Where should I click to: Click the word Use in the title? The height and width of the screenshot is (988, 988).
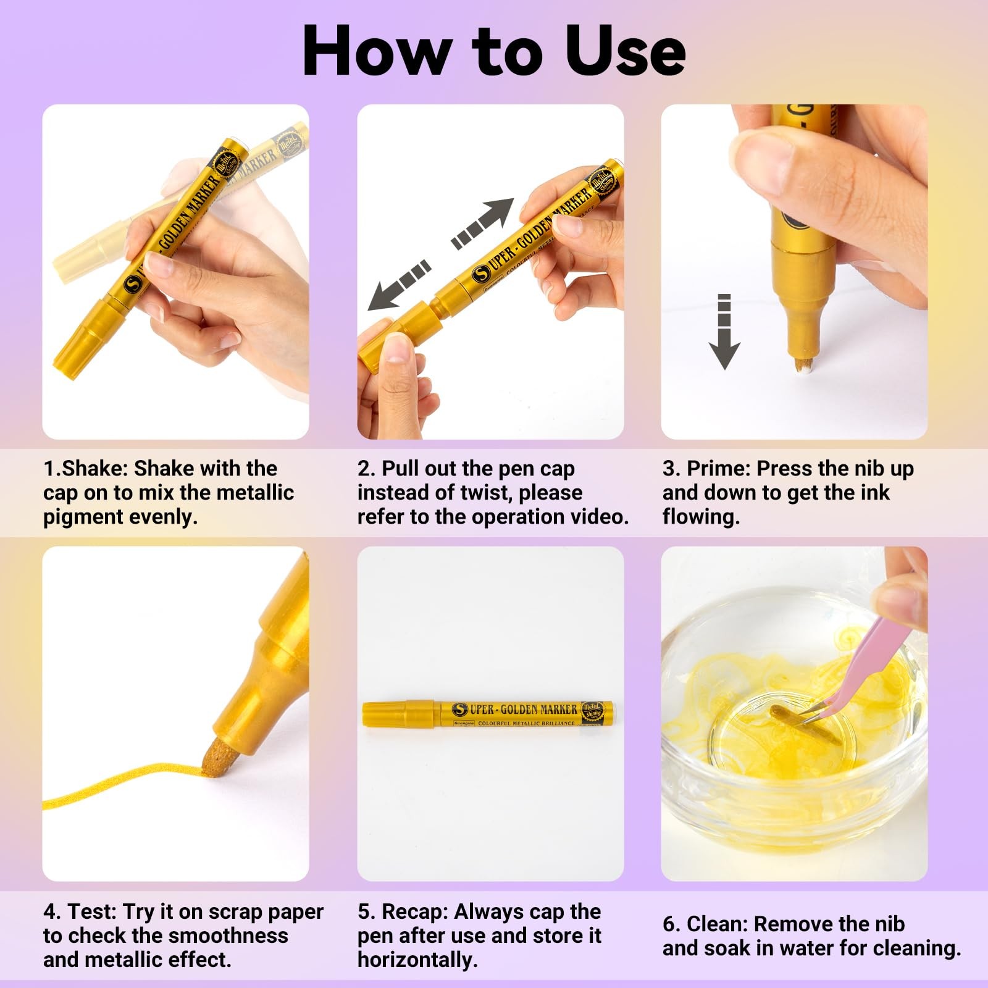[625, 51]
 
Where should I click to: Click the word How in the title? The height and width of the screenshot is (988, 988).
[377, 51]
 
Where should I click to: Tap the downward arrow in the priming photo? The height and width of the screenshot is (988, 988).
[724, 332]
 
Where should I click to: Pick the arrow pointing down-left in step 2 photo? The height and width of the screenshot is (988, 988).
[400, 285]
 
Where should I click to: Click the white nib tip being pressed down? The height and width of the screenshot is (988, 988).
[801, 364]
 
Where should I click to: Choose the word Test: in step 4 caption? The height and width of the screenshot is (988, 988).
[93, 911]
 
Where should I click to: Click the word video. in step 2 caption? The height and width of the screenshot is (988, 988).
[598, 516]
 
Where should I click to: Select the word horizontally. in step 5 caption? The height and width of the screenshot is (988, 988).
[417, 960]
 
